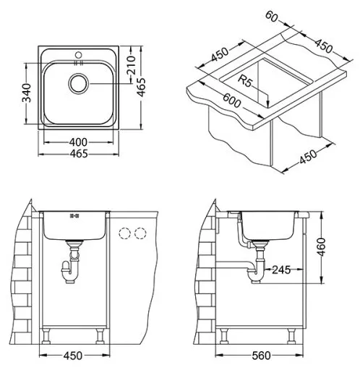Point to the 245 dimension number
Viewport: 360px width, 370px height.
pyautogui.click(x=282, y=270)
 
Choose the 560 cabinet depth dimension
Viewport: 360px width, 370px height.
pyautogui.click(x=272, y=356)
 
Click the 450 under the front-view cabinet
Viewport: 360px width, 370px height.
pyautogui.click(x=72, y=356)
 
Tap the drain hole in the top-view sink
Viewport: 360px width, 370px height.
pyautogui.click(x=77, y=85)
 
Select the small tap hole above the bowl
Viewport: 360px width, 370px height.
pyautogui.click(x=77, y=54)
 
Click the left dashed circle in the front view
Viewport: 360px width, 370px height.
pyautogui.click(x=124, y=233)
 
